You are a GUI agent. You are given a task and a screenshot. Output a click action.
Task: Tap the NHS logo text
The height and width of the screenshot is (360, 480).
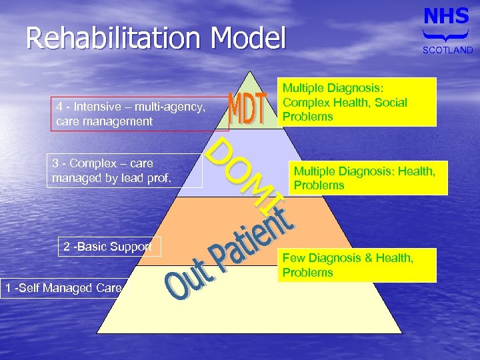447,16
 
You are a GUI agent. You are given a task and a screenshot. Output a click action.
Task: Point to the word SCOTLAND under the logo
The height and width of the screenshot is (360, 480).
447,50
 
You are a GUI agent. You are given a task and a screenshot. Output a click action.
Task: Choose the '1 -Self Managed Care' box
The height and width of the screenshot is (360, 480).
62,288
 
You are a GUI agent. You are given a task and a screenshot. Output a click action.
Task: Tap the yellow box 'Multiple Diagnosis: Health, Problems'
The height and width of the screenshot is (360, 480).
363,179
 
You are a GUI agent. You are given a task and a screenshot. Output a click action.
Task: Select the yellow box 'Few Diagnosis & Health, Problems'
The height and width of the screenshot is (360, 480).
357,265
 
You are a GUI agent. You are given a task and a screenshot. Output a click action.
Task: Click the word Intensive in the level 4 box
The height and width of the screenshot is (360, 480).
98,107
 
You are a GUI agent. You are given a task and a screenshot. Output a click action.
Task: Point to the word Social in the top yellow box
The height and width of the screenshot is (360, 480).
390,102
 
